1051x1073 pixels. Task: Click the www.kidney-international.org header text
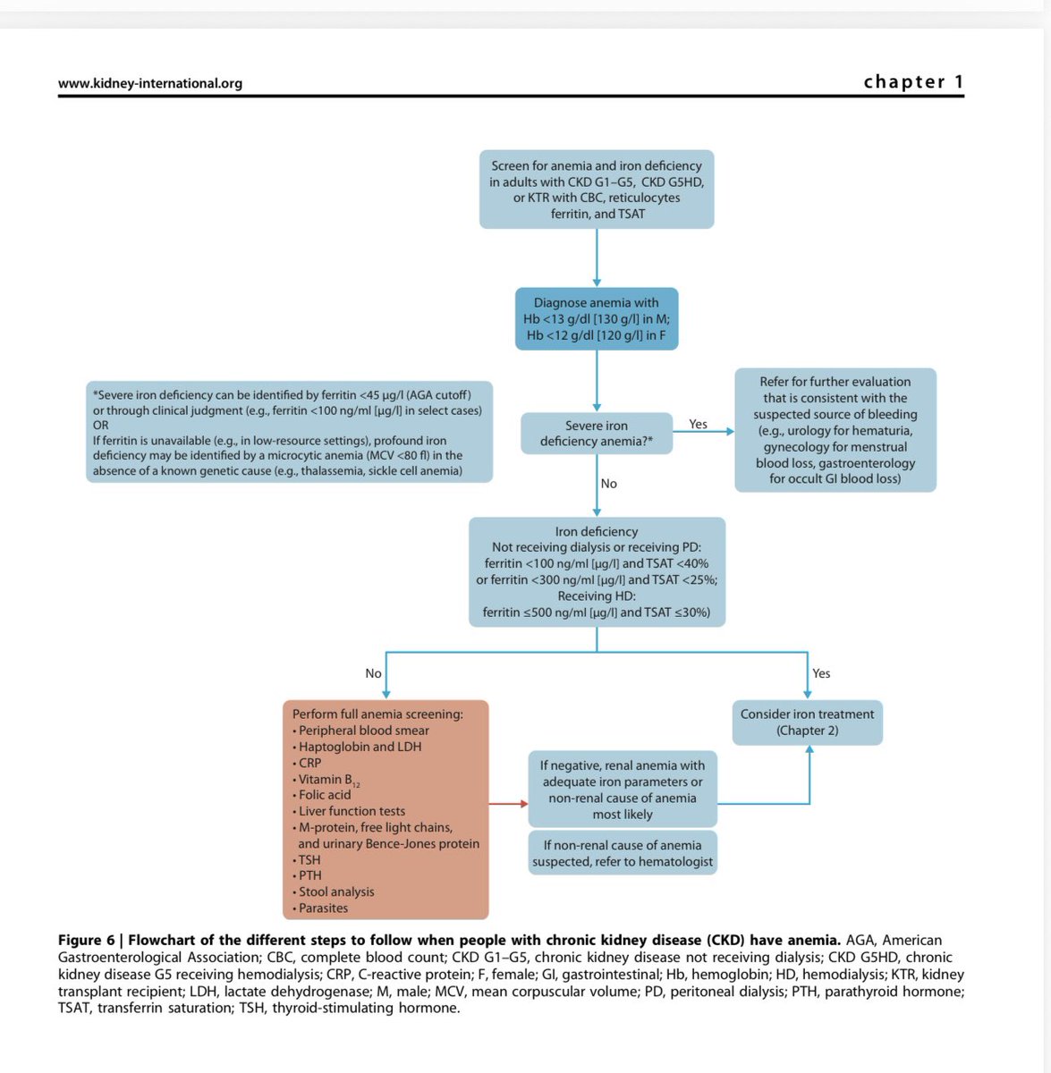pyautogui.click(x=149, y=83)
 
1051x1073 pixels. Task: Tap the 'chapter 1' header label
pyautogui.click(x=913, y=81)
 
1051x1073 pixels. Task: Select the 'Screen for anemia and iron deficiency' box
pyautogui.click(x=596, y=190)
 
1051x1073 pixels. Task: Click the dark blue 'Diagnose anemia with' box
pyautogui.click(x=596, y=318)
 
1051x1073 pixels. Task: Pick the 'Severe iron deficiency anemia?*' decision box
pyautogui.click(x=596, y=434)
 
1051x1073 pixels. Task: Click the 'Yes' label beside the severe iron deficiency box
pyautogui.click(x=699, y=424)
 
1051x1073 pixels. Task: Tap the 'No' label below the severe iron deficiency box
pyautogui.click(x=609, y=483)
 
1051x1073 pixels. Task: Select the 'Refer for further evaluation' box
pyautogui.click(x=835, y=429)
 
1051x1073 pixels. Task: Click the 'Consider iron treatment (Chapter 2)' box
pyautogui.click(x=807, y=722)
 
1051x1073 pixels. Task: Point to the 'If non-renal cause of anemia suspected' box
pyautogui.click(x=623, y=853)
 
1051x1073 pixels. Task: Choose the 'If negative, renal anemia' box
pyautogui.click(x=623, y=790)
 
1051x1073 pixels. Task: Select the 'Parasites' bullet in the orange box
pyautogui.click(x=323, y=908)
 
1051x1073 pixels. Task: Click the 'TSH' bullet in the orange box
pyautogui.click(x=309, y=859)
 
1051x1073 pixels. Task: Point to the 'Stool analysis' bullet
pyautogui.click(x=336, y=891)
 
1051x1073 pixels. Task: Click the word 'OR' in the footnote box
pyautogui.click(x=101, y=426)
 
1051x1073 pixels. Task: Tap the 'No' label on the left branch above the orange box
pyautogui.click(x=373, y=673)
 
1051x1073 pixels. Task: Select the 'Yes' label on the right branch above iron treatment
pyautogui.click(x=821, y=673)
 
